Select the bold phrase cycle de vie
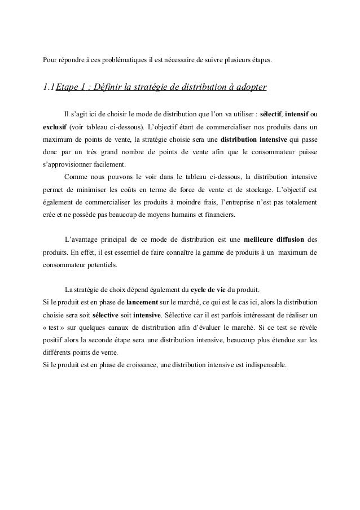[209, 286]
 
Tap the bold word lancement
[142, 299]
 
